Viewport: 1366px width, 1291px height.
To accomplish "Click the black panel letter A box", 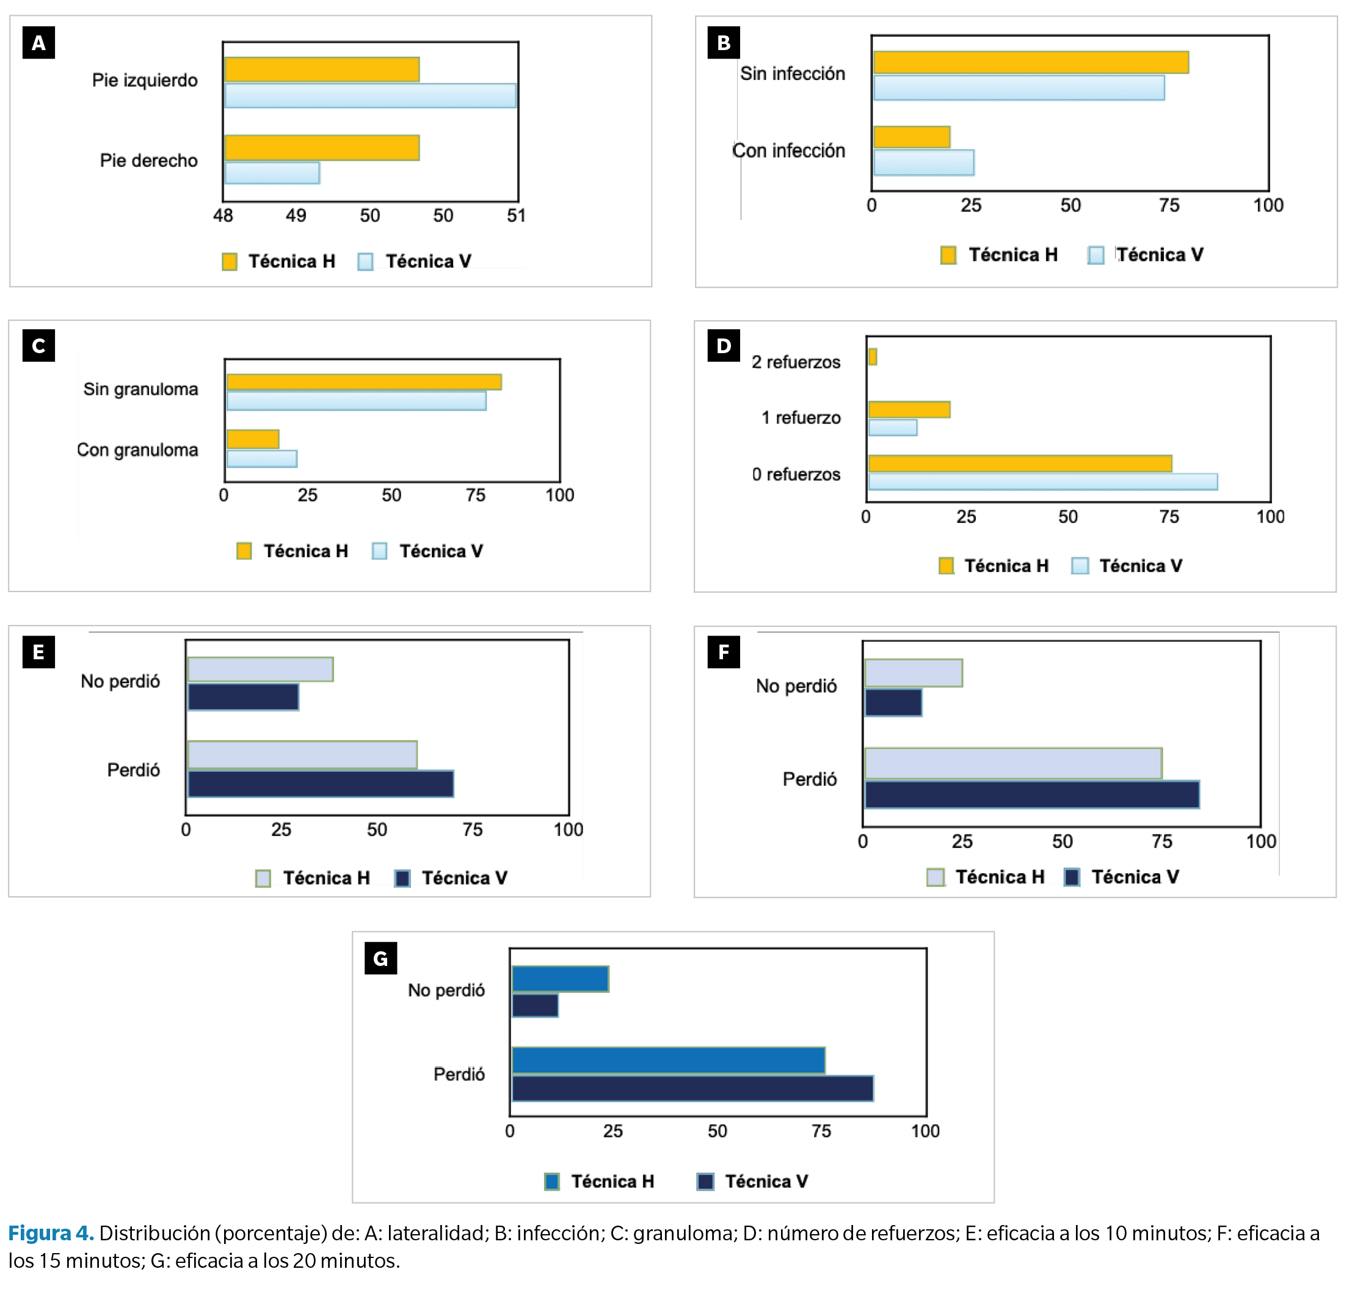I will (38, 43).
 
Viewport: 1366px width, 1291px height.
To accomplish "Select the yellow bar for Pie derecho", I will (322, 148).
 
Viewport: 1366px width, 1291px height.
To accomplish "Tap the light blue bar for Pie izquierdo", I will (370, 96).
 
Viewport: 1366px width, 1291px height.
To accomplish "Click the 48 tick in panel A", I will (223, 216).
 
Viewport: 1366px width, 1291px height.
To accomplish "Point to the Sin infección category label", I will (793, 74).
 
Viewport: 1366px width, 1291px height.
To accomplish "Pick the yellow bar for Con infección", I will (911, 137).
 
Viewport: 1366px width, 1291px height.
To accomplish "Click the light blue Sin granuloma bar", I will (356, 401).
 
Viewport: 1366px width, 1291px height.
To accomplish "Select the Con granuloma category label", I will (137, 450).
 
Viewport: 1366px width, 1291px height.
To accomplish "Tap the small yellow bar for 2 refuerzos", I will (872, 356).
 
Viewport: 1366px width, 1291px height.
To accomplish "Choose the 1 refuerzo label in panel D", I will (801, 418).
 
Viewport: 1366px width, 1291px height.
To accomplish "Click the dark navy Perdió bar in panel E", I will (321, 784).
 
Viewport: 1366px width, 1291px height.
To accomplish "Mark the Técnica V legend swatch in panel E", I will (402, 879).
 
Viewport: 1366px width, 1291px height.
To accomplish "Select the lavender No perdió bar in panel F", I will (914, 673).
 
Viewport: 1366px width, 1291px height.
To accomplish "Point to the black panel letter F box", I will (724, 652).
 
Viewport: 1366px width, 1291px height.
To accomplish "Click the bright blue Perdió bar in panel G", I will (668, 1061).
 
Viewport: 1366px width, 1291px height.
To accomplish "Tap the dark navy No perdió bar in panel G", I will (535, 1006).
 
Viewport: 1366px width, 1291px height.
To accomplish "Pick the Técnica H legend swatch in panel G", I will (551, 1182).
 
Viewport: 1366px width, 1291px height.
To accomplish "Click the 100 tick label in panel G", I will (925, 1132).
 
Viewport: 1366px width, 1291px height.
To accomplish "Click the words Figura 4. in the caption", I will (51, 1233).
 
